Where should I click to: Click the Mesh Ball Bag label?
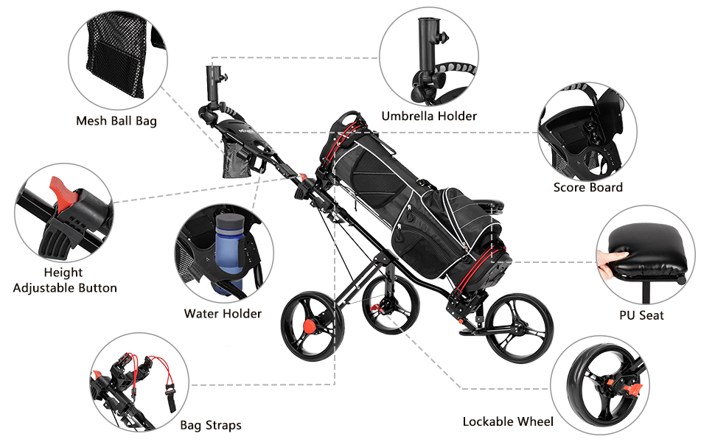tap(116, 121)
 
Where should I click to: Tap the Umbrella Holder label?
tap(429, 116)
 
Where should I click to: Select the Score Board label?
tap(587, 187)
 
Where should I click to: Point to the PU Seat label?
tap(641, 315)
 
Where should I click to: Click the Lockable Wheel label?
tap(508, 421)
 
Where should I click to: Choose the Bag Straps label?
tap(211, 425)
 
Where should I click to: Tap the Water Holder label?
tap(223, 314)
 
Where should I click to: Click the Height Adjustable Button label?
tap(65, 280)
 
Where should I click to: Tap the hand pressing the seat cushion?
tap(611, 259)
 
